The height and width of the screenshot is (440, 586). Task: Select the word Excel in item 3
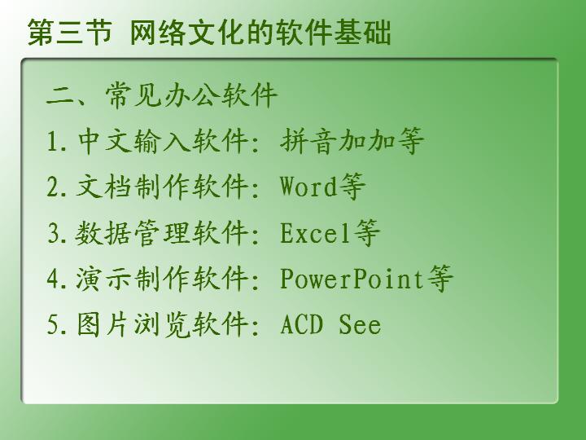(316, 232)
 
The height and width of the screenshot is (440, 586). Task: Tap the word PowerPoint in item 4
(352, 279)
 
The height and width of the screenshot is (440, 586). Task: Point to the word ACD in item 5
(301, 324)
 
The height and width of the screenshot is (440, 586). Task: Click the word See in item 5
(360, 324)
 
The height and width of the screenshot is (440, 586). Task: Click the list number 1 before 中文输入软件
(52, 142)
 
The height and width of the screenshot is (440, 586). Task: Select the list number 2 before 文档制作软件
(52, 187)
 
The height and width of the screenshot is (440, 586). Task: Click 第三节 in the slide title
(70, 33)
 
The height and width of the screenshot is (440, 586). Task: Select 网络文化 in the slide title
(187, 33)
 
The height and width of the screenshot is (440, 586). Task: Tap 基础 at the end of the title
(362, 33)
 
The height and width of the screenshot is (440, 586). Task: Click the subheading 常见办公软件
(191, 95)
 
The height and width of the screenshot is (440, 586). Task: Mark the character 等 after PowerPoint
(439, 279)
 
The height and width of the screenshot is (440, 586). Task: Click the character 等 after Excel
(367, 232)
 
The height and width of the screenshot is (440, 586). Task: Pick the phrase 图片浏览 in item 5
(133, 324)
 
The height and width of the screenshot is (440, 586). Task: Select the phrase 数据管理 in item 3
(133, 232)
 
